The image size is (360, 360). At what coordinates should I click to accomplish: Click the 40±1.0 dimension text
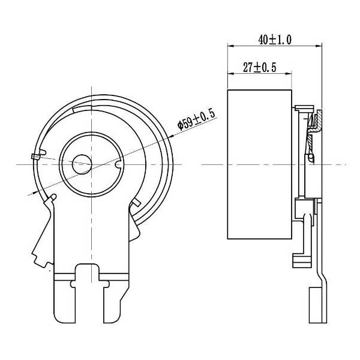[x=274, y=40]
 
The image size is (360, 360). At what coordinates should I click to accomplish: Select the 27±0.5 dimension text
[x=259, y=68]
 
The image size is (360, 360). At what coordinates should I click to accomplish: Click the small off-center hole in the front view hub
[x=80, y=163]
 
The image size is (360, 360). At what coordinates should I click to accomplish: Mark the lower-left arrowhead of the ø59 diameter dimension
[x=32, y=193]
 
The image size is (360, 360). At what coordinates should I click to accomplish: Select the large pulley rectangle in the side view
[x=259, y=166]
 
